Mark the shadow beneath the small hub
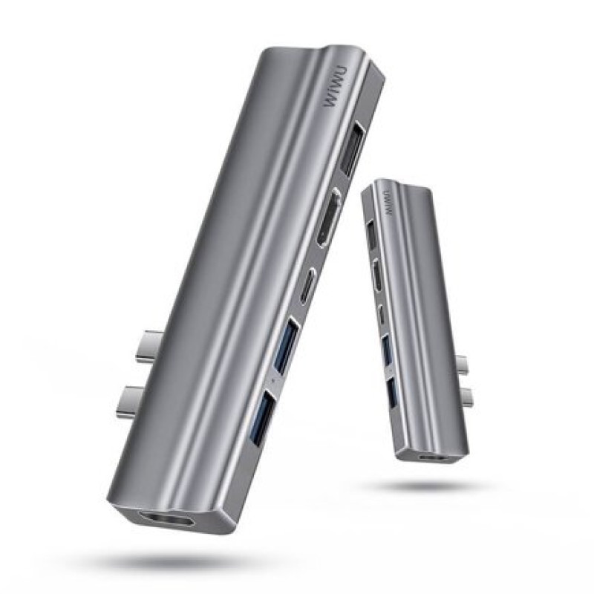[x=423, y=486]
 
